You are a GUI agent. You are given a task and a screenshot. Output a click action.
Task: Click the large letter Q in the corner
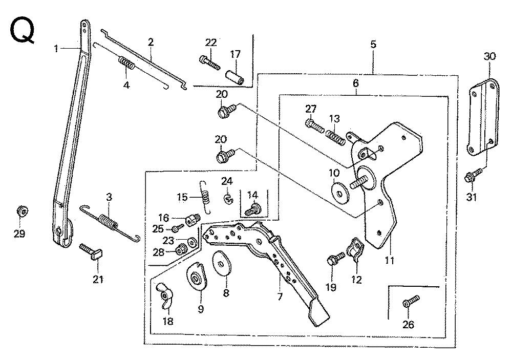point(22,32)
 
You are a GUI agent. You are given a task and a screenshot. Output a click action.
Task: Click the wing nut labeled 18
point(165,295)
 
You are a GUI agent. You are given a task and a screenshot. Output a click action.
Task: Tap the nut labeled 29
point(21,211)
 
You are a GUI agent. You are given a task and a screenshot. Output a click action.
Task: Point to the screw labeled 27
point(316,124)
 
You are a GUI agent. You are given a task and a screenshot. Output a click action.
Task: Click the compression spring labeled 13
point(334,136)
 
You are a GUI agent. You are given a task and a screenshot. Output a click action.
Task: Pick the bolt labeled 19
point(333,262)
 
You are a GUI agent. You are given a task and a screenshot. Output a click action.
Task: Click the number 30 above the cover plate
point(490,57)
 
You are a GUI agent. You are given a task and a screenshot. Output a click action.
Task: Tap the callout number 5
point(373,44)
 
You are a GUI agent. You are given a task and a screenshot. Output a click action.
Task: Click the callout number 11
point(390,261)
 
